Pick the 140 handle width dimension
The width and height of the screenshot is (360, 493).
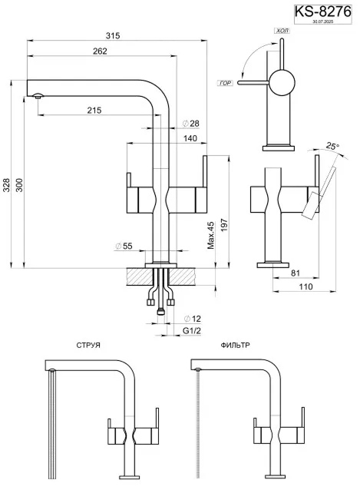click(191, 138)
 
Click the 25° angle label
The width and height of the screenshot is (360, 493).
click(332, 145)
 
